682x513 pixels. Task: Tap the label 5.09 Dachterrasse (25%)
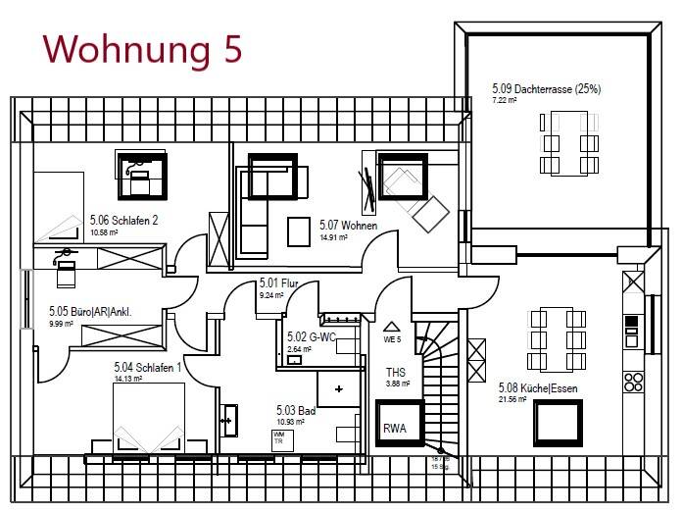[x=546, y=89]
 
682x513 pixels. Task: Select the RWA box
[x=395, y=427]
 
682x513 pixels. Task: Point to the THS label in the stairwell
[x=396, y=373]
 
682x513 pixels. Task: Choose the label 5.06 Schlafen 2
[x=122, y=221]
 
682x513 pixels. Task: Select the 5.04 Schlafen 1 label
[x=148, y=368]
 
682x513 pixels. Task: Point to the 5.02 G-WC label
[x=311, y=337]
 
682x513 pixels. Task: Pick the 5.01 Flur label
[x=278, y=283]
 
